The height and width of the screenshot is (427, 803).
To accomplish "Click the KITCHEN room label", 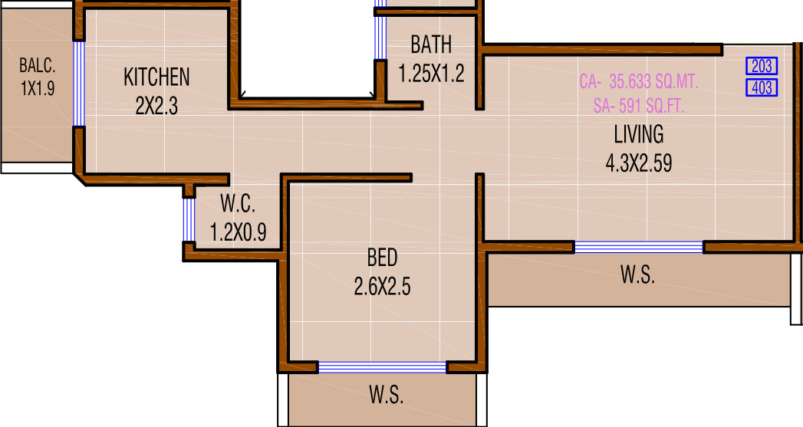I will [x=156, y=77].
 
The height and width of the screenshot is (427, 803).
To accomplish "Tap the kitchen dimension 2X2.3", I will [x=156, y=105].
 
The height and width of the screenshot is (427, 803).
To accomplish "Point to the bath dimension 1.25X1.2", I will [x=431, y=74].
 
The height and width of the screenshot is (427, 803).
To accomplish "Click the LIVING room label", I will [x=638, y=135].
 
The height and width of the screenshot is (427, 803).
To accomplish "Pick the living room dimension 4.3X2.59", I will [x=638, y=163].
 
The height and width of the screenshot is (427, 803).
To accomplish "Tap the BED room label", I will [x=382, y=258].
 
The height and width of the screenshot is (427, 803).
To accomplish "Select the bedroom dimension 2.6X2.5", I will [x=382, y=287].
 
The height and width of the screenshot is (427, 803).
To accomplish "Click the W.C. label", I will [x=238, y=205].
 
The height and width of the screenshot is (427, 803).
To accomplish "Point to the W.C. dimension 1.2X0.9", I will [x=239, y=232].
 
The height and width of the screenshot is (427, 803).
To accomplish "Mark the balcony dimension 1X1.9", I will [x=38, y=88].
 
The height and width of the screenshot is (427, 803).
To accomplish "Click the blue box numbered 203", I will [x=762, y=66].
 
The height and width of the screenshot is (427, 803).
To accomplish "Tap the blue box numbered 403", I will [x=762, y=87].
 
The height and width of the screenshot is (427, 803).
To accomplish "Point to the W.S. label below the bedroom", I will [x=386, y=396].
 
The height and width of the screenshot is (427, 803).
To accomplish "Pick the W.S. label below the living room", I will [x=637, y=276].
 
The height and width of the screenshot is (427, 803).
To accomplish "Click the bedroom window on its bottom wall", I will [x=382, y=367].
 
